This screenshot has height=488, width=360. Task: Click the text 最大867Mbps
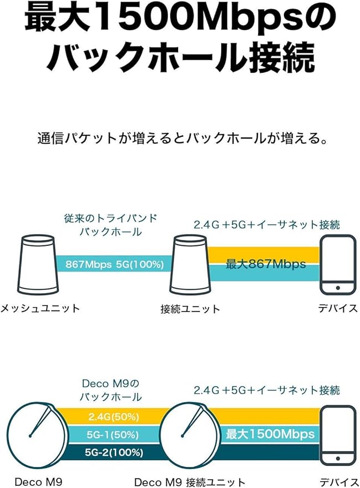pos(266,264)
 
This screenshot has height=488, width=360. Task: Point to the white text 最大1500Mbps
pos(270,434)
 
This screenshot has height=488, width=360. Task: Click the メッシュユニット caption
pos(40,308)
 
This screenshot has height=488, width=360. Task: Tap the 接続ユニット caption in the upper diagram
pos(190,309)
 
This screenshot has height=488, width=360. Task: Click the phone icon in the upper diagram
pos(338,264)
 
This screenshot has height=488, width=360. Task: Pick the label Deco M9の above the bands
pos(110,384)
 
